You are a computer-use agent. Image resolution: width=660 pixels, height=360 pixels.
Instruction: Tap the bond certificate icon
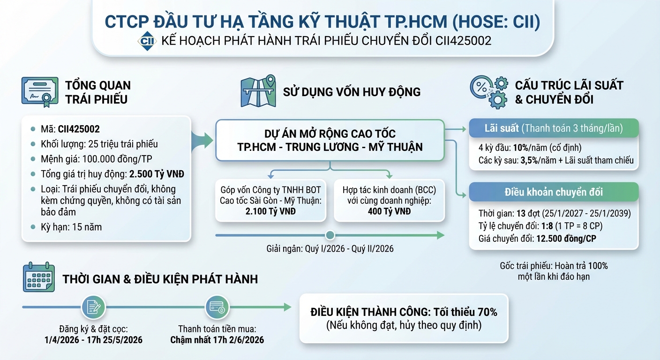point(40,91)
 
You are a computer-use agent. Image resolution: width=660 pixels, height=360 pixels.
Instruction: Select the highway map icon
point(258,91)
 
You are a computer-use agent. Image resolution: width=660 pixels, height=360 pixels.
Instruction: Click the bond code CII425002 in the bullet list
point(79,129)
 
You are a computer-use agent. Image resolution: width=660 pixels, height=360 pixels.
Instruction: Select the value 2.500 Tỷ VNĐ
point(157,174)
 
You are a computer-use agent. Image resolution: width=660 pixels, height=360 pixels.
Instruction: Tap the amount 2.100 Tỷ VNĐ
point(270,211)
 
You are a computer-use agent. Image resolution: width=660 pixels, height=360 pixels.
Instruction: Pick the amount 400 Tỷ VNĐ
point(389,211)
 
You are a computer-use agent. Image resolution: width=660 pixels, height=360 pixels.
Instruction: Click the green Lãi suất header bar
point(554,128)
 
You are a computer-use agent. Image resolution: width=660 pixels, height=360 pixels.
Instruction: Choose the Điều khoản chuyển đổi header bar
point(554,192)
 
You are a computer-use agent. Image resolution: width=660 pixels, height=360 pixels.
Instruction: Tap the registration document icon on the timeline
point(93,307)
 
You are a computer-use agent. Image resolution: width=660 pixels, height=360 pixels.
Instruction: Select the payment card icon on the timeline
point(217,307)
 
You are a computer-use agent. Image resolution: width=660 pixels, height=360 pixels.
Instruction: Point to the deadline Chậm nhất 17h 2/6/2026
point(217,340)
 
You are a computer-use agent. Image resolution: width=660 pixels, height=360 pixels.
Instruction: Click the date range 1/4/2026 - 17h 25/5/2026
point(94,340)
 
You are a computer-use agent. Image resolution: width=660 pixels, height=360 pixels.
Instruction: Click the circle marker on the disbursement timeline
point(330,235)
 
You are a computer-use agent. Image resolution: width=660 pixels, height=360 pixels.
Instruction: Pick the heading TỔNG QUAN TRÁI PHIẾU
point(97,92)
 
